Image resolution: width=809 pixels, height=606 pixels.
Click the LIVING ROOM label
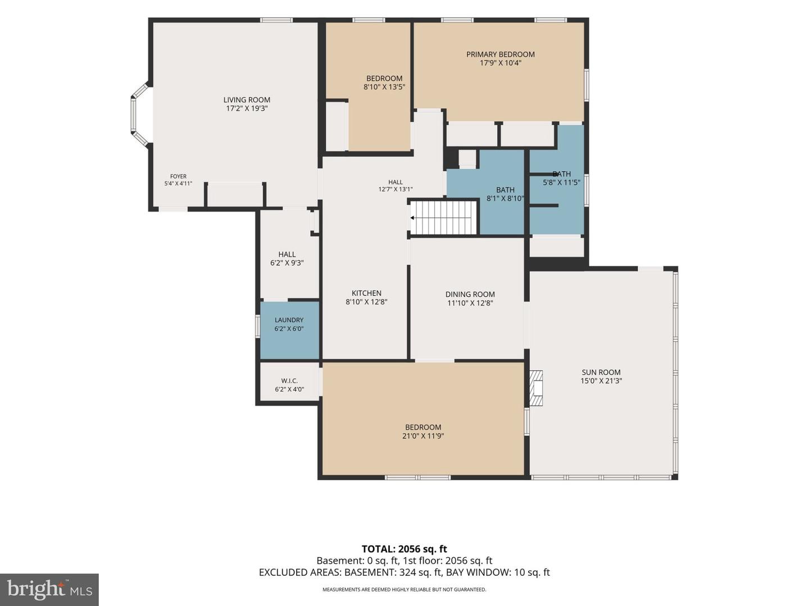(x=247, y=100)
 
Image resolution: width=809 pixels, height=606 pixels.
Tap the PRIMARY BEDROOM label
(x=500, y=54)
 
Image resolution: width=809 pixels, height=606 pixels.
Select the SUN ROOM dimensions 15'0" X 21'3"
(x=601, y=381)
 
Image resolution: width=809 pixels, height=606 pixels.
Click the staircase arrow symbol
(x=412, y=218)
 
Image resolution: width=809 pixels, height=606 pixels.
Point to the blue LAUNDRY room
(x=290, y=330)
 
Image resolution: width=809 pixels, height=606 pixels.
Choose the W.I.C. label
(x=289, y=381)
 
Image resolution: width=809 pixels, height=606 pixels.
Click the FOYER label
(x=179, y=176)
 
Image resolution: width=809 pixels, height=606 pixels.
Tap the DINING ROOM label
(x=470, y=295)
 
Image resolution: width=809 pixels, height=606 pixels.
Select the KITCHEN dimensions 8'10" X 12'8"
(x=366, y=302)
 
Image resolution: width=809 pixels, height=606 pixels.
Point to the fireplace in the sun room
(x=537, y=388)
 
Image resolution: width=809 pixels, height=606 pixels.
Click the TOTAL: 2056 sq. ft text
(x=404, y=549)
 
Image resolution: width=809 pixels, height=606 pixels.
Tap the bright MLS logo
(x=49, y=590)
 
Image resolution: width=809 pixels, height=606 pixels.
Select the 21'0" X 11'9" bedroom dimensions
(x=423, y=436)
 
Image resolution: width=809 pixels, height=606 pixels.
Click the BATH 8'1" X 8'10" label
(x=505, y=194)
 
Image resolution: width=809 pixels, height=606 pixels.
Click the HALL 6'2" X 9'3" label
(x=287, y=259)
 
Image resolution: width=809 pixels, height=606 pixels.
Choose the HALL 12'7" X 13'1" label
(x=396, y=186)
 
